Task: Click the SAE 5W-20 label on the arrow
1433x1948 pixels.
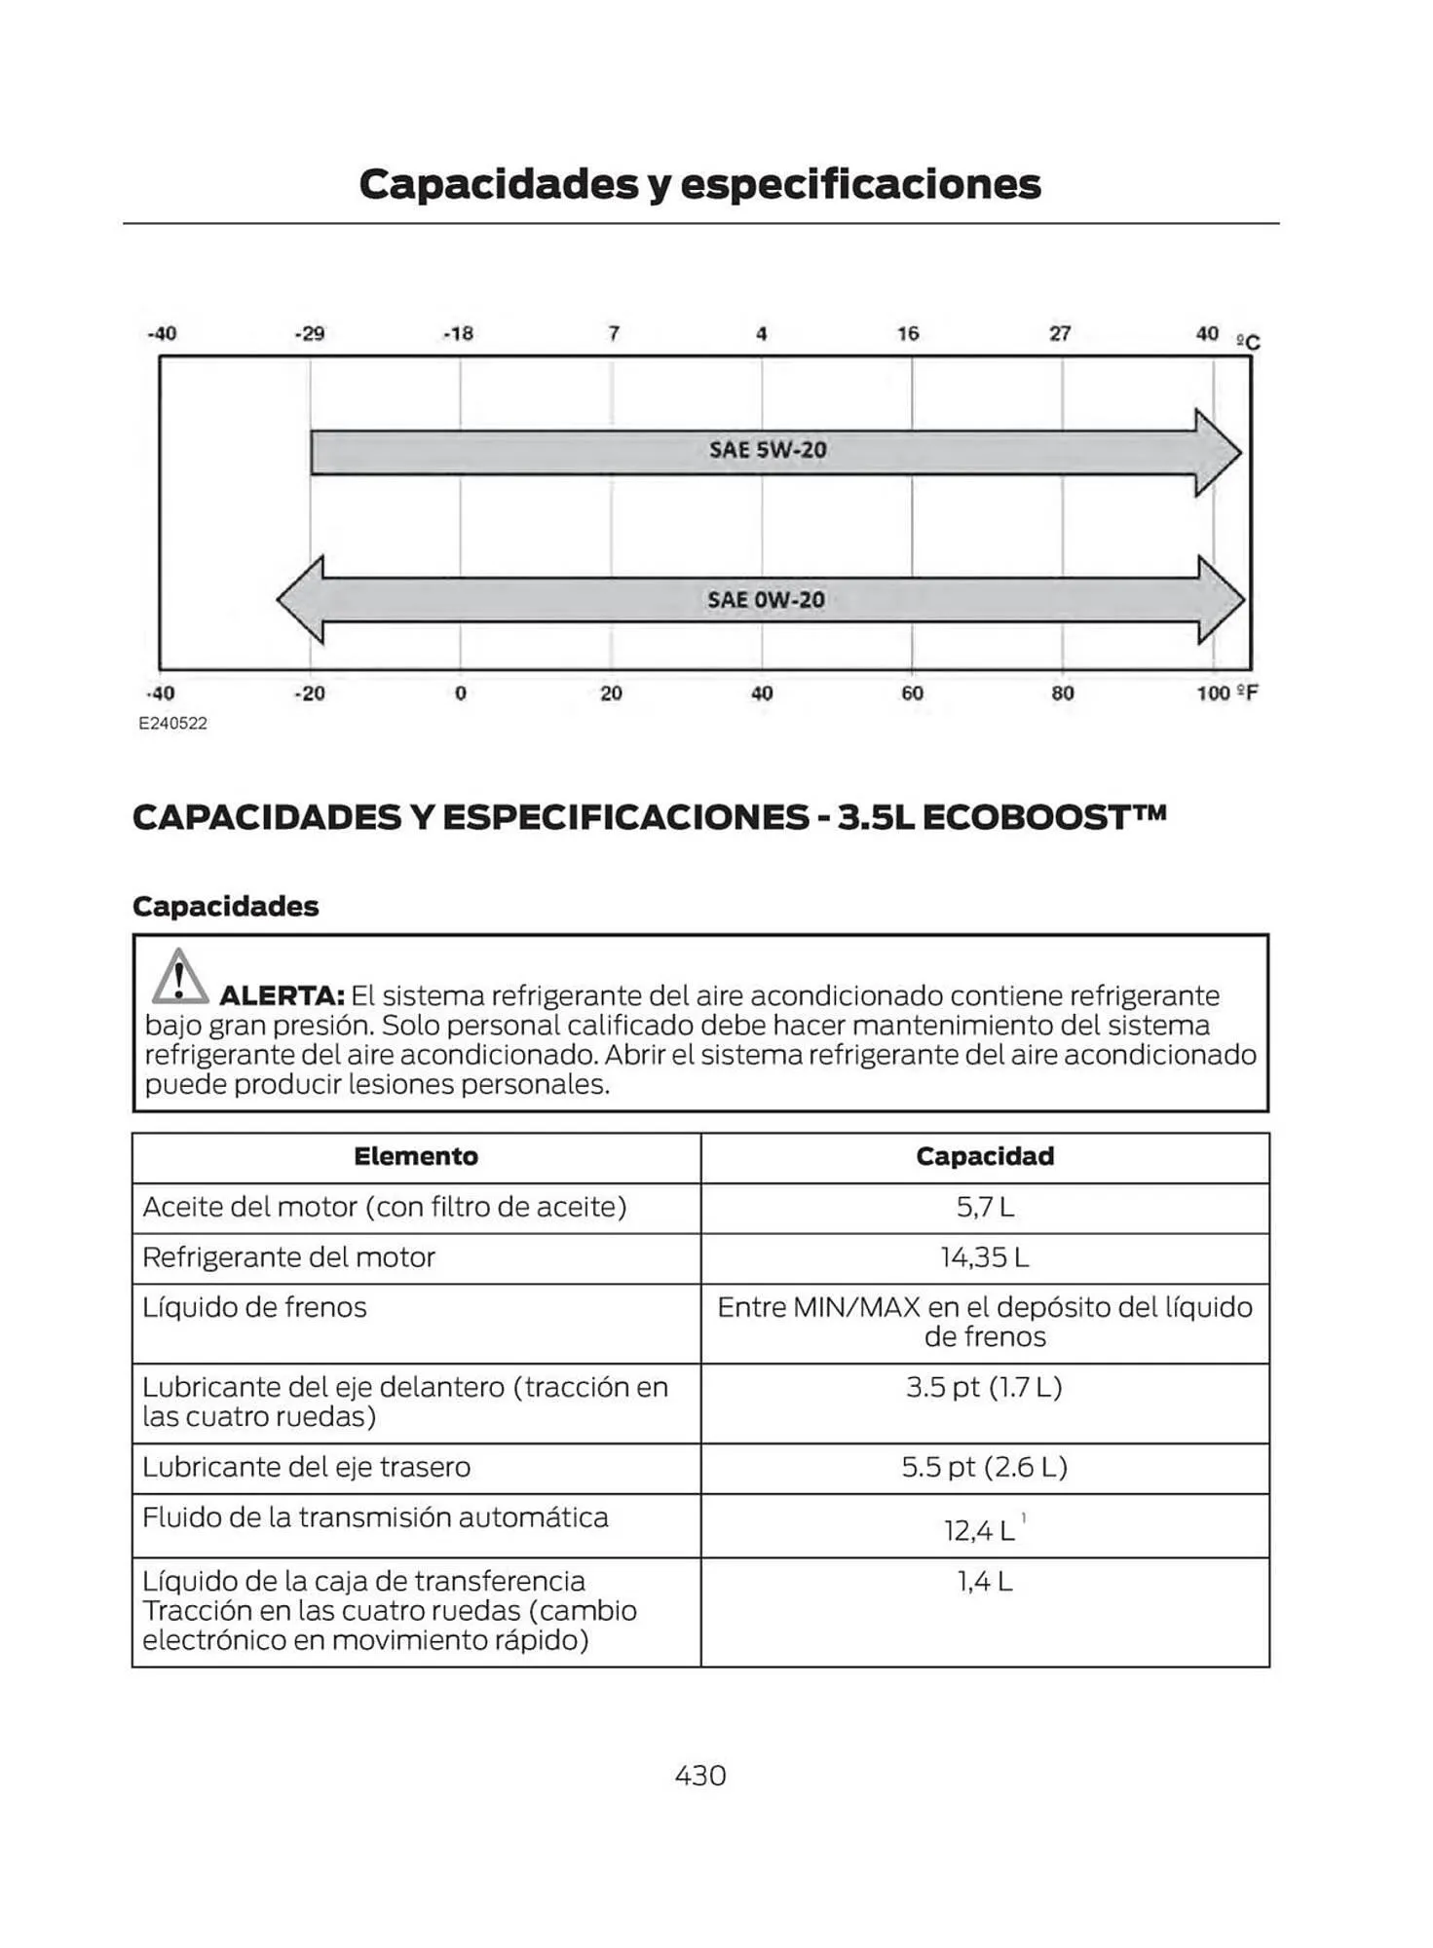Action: point(768,450)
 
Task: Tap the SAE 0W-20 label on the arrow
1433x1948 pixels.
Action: point(766,600)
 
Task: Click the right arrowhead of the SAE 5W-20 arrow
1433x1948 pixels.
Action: point(1218,453)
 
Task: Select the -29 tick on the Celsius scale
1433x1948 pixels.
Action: point(309,334)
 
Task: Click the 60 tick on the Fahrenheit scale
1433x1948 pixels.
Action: point(912,693)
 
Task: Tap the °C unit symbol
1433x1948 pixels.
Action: point(1248,342)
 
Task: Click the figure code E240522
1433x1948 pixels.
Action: point(172,724)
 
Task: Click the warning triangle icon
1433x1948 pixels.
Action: point(179,977)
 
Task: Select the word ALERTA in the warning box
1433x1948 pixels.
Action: point(282,996)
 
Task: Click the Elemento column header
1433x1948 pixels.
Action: point(416,1156)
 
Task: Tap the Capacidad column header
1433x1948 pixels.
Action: point(985,1156)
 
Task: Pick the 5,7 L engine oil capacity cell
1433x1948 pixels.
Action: point(985,1208)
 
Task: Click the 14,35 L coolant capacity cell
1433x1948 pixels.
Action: point(985,1257)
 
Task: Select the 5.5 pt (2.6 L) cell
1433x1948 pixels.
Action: point(985,1467)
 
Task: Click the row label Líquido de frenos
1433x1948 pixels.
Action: point(255,1307)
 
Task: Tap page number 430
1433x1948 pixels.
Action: point(700,1776)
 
